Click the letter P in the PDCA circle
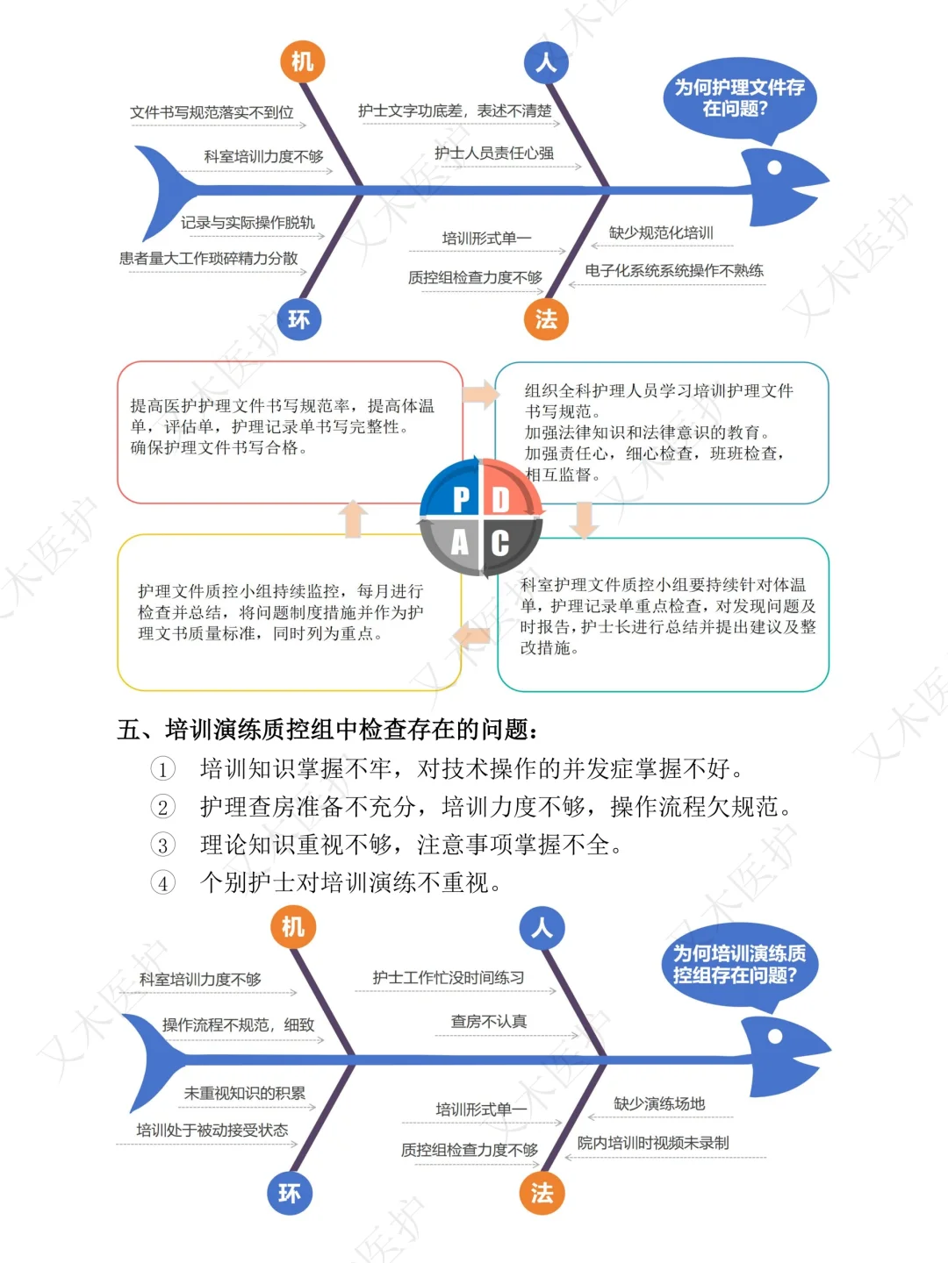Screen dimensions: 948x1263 460,499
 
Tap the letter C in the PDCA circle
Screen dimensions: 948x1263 500,543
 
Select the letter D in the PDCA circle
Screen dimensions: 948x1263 500,499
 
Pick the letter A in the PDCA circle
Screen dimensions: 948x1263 460,543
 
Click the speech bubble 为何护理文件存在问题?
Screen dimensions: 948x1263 739,98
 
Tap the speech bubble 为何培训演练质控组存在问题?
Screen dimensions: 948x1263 739,965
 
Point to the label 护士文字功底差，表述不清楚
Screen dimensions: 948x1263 455,111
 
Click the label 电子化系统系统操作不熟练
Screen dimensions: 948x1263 674,270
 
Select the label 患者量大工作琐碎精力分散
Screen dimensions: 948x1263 209,259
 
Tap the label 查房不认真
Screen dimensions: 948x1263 489,1022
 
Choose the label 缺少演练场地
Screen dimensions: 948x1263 659,1104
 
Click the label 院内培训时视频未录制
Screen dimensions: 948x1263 653,1143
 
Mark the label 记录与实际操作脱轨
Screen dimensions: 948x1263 248,223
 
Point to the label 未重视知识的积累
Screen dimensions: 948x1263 244,1094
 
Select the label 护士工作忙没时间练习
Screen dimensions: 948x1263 449,978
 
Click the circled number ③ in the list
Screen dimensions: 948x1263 163,846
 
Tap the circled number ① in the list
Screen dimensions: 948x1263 163,770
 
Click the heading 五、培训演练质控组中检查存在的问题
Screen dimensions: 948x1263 328,730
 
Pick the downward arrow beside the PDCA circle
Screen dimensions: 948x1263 584,519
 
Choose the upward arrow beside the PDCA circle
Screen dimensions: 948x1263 353,518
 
